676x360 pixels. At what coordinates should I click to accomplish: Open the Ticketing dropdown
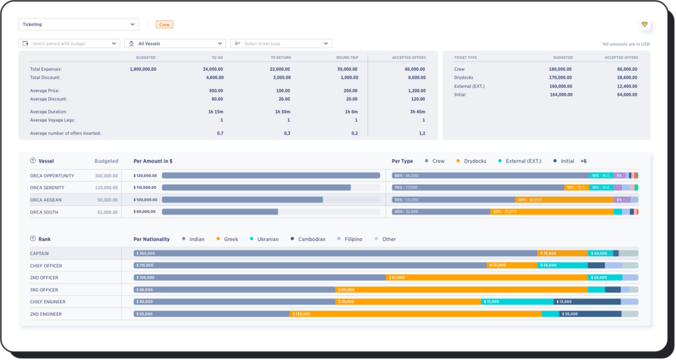pyautogui.click(x=78, y=24)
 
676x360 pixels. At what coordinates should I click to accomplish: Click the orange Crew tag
pyautogui.click(x=164, y=24)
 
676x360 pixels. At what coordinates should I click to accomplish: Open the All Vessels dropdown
pyautogui.click(x=174, y=44)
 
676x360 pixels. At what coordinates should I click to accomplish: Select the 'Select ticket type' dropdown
pyautogui.click(x=281, y=44)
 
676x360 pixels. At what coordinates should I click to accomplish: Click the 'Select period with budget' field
pyautogui.click(x=69, y=44)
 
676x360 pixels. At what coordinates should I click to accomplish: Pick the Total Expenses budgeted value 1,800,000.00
pyautogui.click(x=143, y=69)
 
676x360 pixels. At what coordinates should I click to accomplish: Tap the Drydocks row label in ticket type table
pyautogui.click(x=465, y=77)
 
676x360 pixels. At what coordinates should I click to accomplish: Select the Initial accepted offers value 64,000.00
pyautogui.click(x=623, y=94)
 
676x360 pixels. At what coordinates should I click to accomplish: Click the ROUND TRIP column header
pyautogui.click(x=347, y=57)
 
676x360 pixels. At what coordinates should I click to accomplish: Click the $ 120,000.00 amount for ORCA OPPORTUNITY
pyautogui.click(x=145, y=176)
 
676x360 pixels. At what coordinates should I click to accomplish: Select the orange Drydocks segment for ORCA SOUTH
pyautogui.click(x=552, y=212)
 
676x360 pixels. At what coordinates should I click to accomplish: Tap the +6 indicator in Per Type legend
pyautogui.click(x=584, y=161)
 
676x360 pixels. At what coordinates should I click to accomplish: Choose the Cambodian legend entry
pyautogui.click(x=311, y=239)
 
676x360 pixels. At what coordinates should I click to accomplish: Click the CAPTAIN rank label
pyautogui.click(x=40, y=253)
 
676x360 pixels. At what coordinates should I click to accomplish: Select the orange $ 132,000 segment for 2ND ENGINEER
pyautogui.click(x=416, y=314)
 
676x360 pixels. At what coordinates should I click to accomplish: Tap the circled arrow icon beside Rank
pyautogui.click(x=33, y=238)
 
